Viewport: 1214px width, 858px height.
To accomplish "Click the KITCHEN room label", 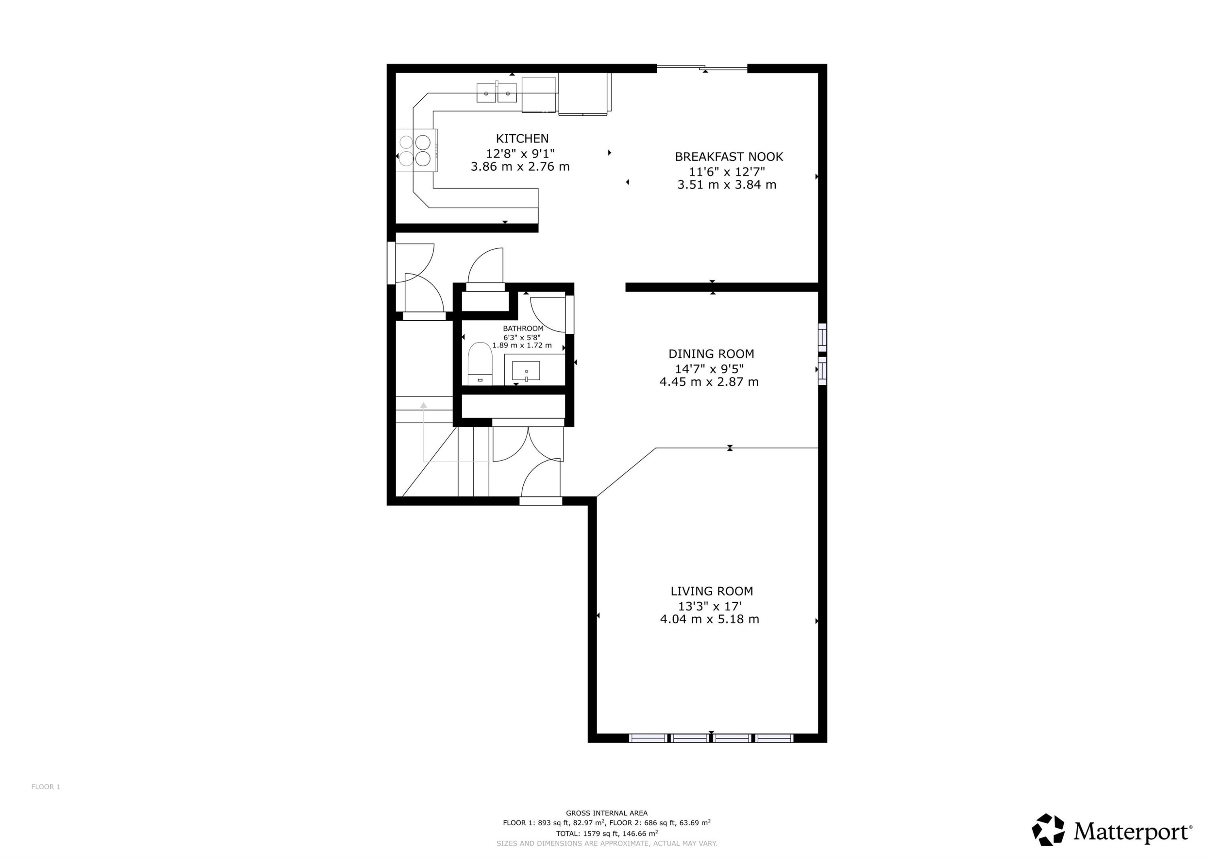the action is [x=522, y=138].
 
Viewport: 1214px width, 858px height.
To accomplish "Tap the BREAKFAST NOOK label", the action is [x=729, y=157].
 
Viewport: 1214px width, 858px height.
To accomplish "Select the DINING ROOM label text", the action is [x=711, y=354].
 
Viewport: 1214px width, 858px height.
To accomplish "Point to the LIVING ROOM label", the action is [x=712, y=591].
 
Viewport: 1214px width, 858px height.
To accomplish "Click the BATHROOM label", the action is [x=523, y=328].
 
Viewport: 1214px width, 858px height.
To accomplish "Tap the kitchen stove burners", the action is [x=415, y=150].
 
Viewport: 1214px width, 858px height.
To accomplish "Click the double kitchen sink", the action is [x=497, y=93].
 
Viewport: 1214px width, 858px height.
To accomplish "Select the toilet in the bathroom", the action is [x=480, y=364].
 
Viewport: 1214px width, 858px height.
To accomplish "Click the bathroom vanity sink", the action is [x=526, y=371].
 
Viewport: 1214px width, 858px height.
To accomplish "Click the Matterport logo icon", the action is [x=1048, y=829].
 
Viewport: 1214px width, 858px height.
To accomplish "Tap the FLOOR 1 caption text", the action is [x=45, y=787].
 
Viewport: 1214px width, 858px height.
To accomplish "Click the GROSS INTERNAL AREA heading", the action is [x=607, y=813].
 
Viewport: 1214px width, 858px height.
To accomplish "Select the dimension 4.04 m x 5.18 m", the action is [x=709, y=619].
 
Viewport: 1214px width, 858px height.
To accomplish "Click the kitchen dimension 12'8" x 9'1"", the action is [x=520, y=154].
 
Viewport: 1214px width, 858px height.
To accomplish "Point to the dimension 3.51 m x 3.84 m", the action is [x=727, y=184].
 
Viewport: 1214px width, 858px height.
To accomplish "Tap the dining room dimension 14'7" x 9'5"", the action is [x=709, y=369].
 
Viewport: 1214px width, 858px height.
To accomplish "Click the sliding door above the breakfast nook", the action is [x=702, y=68].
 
